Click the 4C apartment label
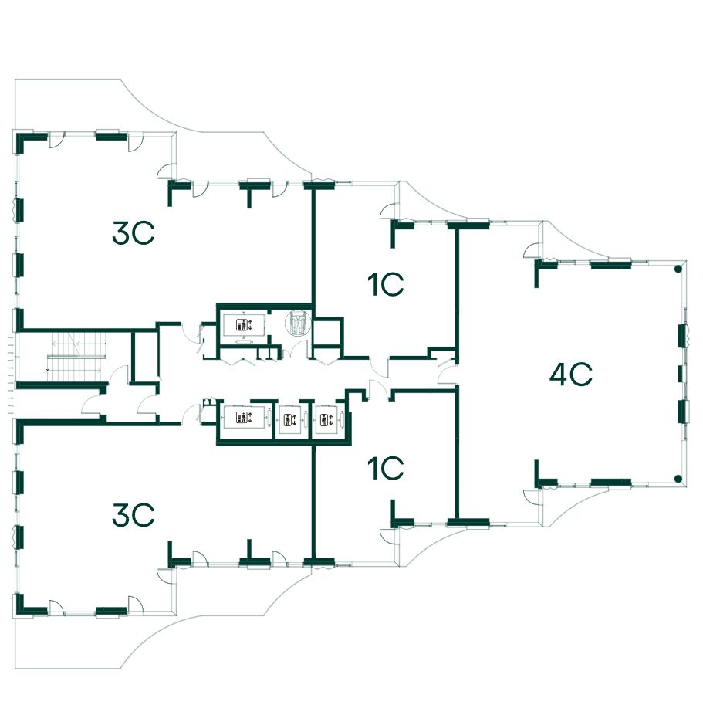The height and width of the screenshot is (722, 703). tap(571, 375)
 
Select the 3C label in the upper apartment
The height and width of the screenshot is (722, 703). tap(134, 233)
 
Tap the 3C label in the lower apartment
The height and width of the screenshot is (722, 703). tap(134, 515)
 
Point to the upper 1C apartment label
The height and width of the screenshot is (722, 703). tap(386, 285)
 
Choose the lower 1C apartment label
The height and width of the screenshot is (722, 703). tap(386, 468)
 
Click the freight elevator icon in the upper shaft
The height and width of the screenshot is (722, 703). tap(244, 324)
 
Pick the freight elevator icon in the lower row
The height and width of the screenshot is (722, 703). tap(244, 418)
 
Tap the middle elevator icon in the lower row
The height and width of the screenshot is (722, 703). tap(290, 420)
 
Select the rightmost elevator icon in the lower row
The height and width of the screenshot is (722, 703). tap(326, 420)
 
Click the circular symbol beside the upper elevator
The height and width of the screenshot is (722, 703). tap(298, 324)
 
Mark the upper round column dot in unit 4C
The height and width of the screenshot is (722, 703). tap(678, 269)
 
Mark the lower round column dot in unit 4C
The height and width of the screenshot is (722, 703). tap(678, 479)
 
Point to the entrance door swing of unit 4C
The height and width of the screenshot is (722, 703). tap(446, 375)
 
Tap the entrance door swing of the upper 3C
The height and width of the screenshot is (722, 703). tap(189, 333)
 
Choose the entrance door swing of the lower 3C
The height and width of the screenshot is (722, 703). tap(191, 413)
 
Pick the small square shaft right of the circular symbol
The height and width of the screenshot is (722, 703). tap(327, 331)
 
